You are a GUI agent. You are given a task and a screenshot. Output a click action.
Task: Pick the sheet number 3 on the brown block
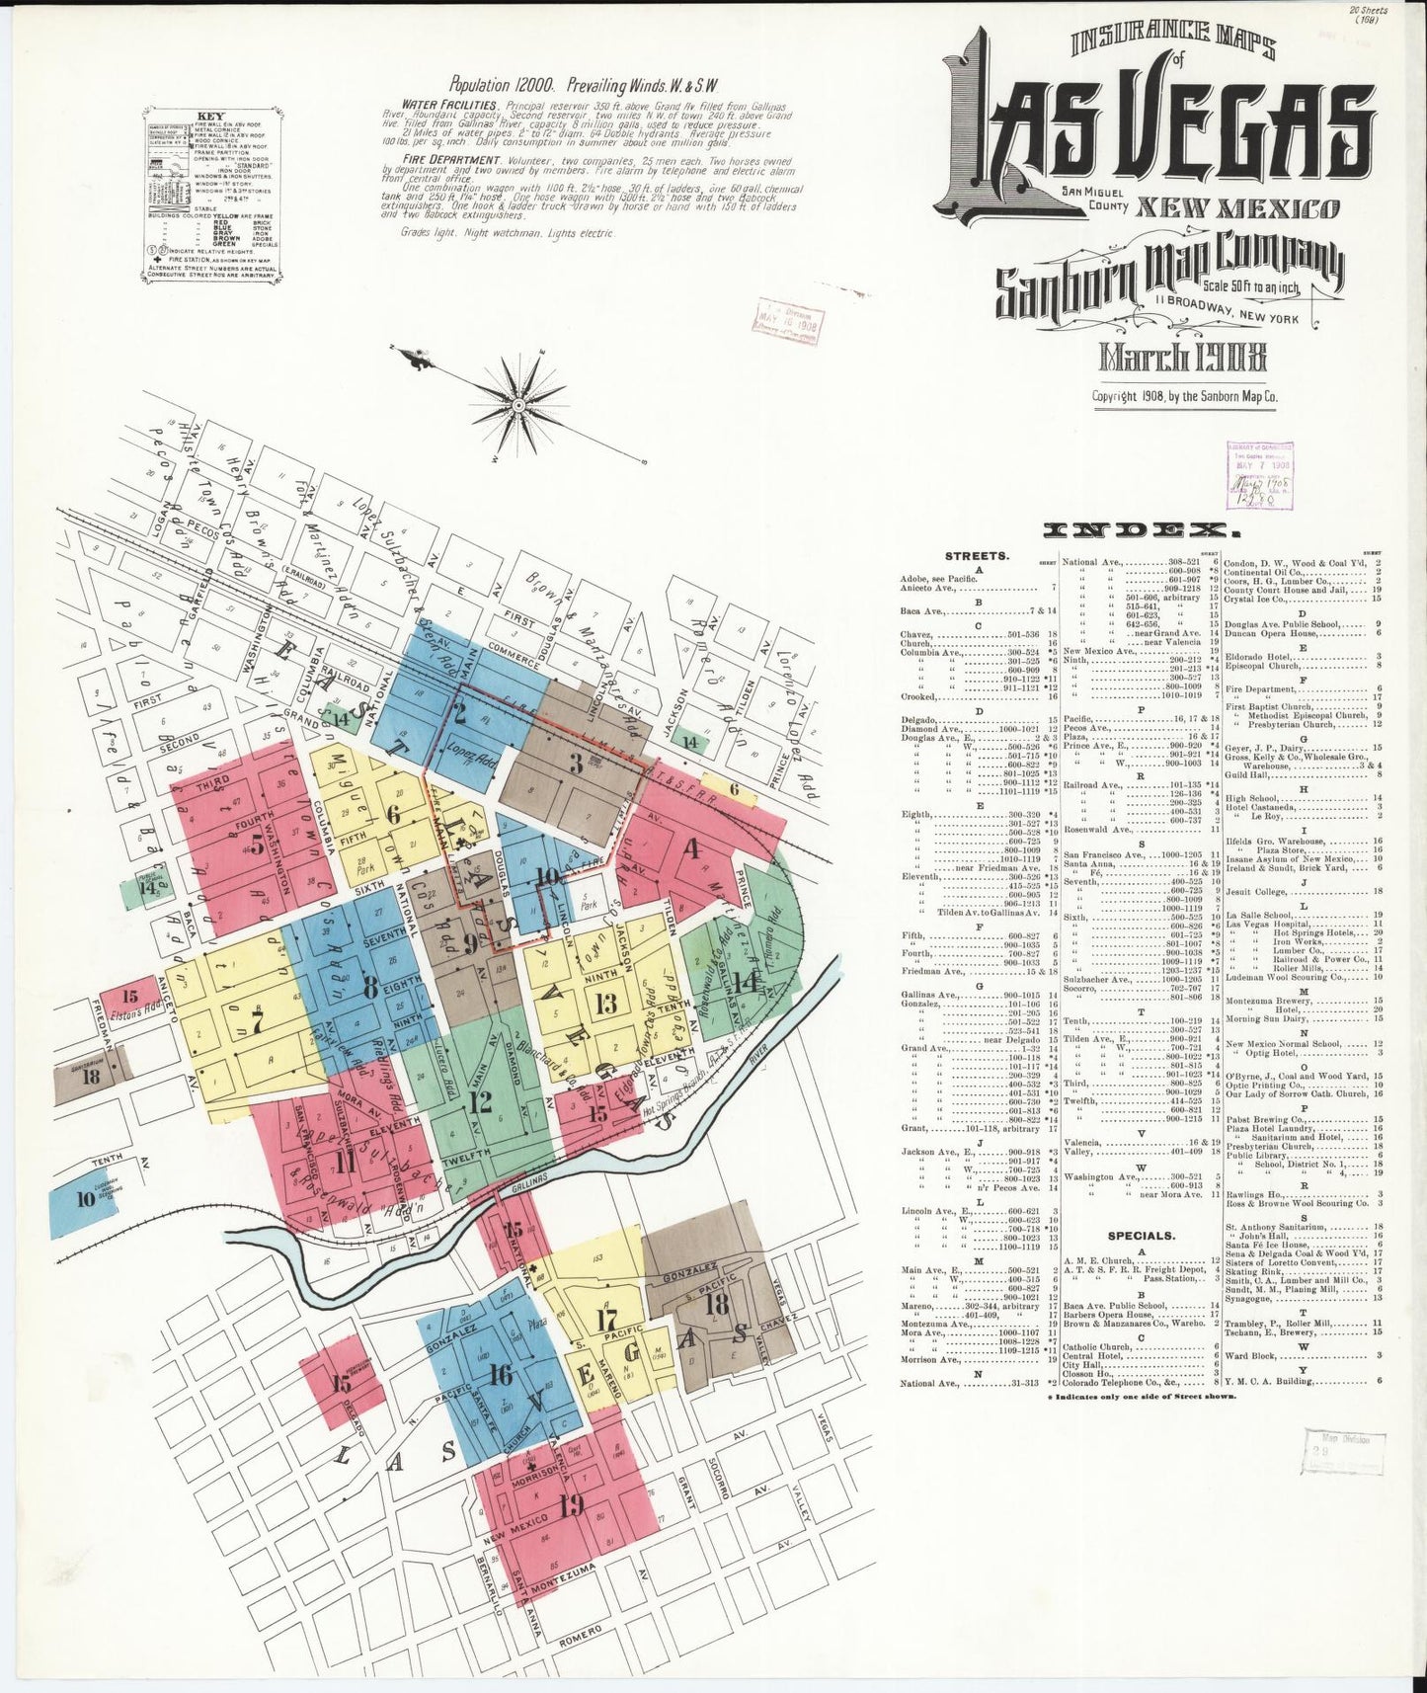(x=576, y=763)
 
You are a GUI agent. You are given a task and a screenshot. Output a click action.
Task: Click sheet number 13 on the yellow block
(x=606, y=1004)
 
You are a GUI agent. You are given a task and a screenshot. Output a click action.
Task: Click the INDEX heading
(x=1135, y=530)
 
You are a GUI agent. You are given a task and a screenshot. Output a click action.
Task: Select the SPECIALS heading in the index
(x=1141, y=1235)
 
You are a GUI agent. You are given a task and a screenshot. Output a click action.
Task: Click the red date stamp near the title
(x=790, y=321)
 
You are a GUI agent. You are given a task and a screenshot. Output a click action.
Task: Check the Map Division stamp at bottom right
(x=1341, y=1450)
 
